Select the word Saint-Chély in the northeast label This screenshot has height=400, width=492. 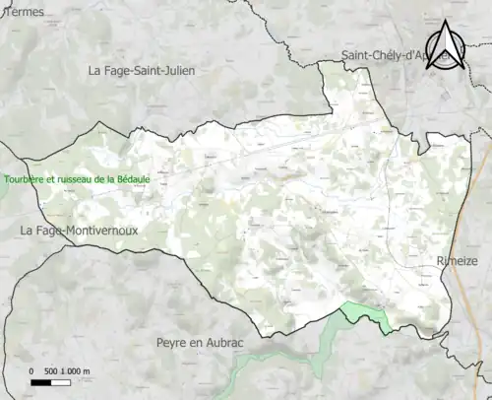371,55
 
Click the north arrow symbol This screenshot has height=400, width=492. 445,46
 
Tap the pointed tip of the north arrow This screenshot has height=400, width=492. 445,22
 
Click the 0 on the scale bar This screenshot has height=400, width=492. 32,370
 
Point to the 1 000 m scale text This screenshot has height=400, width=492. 78,370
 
